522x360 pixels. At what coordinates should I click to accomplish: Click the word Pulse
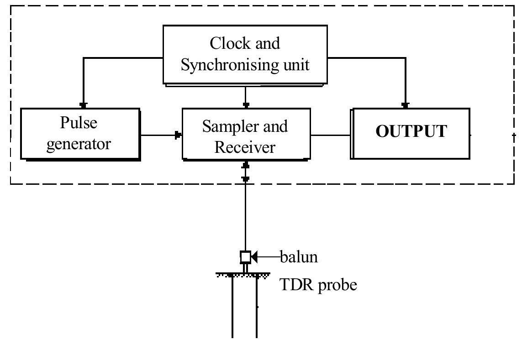[x=79, y=123]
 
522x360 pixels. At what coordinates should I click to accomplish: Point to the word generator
[x=79, y=144]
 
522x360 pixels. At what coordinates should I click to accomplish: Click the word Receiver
[x=245, y=147]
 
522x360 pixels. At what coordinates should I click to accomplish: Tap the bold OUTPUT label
[x=411, y=131]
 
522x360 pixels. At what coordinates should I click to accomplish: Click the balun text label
[x=299, y=257]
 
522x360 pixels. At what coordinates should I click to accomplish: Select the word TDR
[x=295, y=285]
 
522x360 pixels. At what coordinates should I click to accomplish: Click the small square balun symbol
[x=245, y=257]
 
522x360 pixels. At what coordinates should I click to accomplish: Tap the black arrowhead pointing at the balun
[x=254, y=257]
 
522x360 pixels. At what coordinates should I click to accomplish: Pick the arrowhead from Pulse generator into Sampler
[x=179, y=135]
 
